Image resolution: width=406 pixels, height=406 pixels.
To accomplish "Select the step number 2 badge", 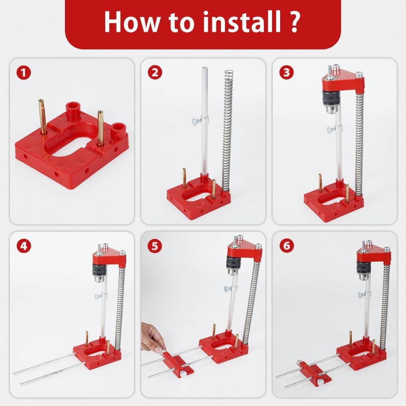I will click(155, 73).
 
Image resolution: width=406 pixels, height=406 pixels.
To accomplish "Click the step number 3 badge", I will click(287, 73).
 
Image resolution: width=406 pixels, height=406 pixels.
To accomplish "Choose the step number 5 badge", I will click(155, 246).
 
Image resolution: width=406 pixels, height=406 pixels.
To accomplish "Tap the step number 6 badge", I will click(287, 246).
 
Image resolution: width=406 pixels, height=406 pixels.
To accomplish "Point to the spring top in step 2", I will click(228, 74).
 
